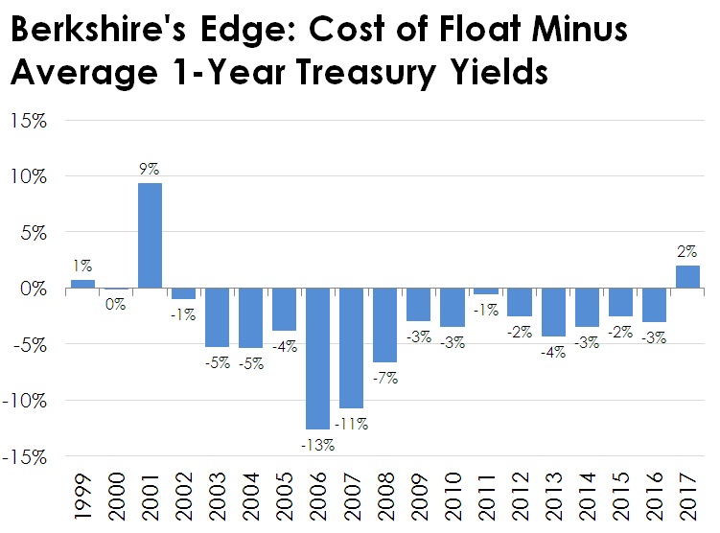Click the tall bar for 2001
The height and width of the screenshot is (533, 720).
(150, 235)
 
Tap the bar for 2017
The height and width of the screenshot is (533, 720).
(687, 276)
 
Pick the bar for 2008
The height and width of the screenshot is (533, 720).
(384, 325)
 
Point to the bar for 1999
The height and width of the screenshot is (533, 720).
(83, 284)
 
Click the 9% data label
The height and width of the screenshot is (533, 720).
(150, 170)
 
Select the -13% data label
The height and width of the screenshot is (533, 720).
(317, 444)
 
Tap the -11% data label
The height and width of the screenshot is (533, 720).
(352, 422)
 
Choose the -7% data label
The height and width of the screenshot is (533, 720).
(385, 378)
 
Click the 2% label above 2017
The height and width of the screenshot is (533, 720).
(687, 252)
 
